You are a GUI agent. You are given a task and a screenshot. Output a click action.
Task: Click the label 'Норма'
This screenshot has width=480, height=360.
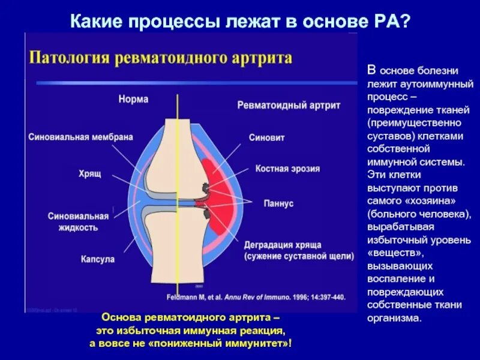point(133,99)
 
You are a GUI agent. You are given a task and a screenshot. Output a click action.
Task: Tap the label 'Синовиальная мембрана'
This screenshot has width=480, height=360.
point(80,137)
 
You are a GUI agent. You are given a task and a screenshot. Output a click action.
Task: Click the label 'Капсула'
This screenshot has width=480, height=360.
point(97,259)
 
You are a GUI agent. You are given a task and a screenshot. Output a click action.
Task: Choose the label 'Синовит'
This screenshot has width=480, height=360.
point(266,137)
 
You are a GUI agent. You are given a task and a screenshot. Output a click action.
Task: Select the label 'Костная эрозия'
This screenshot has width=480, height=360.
point(287,169)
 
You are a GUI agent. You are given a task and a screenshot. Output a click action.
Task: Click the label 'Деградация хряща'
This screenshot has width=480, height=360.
point(283,245)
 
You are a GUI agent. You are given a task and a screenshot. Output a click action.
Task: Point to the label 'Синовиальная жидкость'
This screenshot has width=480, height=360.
point(79,221)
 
